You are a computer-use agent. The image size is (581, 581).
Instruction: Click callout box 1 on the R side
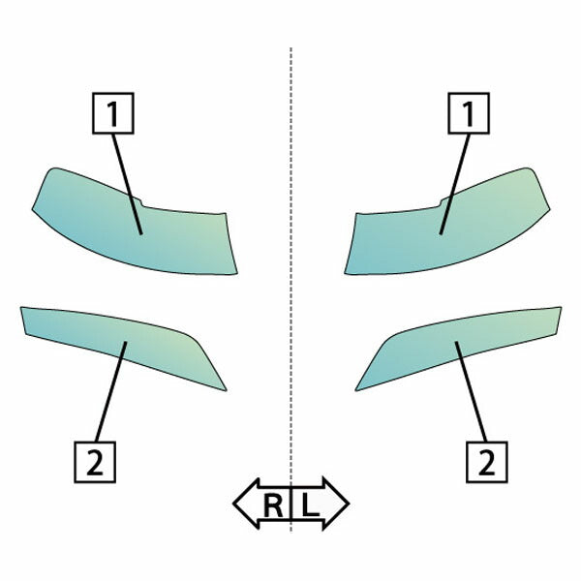(x=112, y=113)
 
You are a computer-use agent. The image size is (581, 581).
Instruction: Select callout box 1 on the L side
(x=469, y=113)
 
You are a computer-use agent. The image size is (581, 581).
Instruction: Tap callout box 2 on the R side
(x=95, y=462)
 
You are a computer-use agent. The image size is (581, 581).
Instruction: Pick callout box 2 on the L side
(x=486, y=462)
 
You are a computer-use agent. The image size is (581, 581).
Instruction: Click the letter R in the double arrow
(x=273, y=505)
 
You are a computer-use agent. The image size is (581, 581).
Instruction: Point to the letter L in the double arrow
(x=310, y=505)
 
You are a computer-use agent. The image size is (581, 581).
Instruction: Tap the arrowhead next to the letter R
(x=246, y=504)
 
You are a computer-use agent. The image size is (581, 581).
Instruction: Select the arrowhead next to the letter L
(x=336, y=504)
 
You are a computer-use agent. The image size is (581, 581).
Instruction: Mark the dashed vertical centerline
(x=290, y=289)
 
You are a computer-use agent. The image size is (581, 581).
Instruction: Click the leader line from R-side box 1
(x=127, y=184)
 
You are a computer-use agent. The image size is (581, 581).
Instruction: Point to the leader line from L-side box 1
(x=455, y=184)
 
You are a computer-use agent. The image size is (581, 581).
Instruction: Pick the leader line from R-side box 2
(x=111, y=391)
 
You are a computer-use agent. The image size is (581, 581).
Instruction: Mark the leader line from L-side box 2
(x=471, y=391)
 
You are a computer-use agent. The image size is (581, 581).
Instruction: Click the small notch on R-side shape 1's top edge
(x=141, y=202)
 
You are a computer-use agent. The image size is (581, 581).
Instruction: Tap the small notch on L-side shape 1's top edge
(x=441, y=202)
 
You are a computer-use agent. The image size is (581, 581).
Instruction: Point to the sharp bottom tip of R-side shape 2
(x=226, y=390)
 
